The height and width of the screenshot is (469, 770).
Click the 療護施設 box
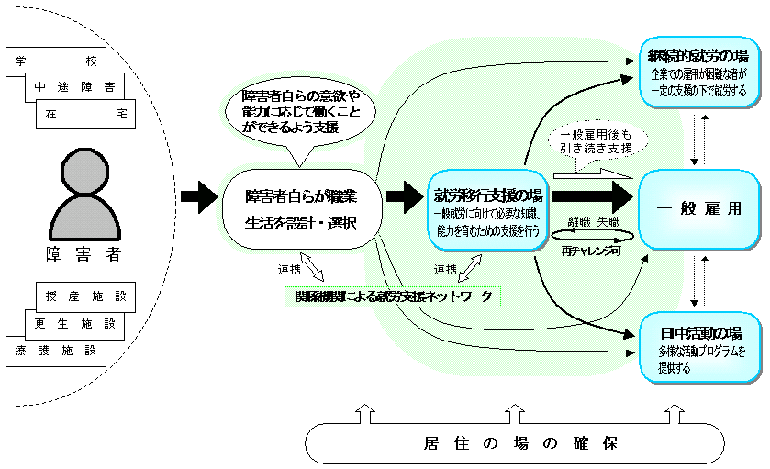coord(57,350)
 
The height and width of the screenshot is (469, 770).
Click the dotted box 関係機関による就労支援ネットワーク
coord(393,296)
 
